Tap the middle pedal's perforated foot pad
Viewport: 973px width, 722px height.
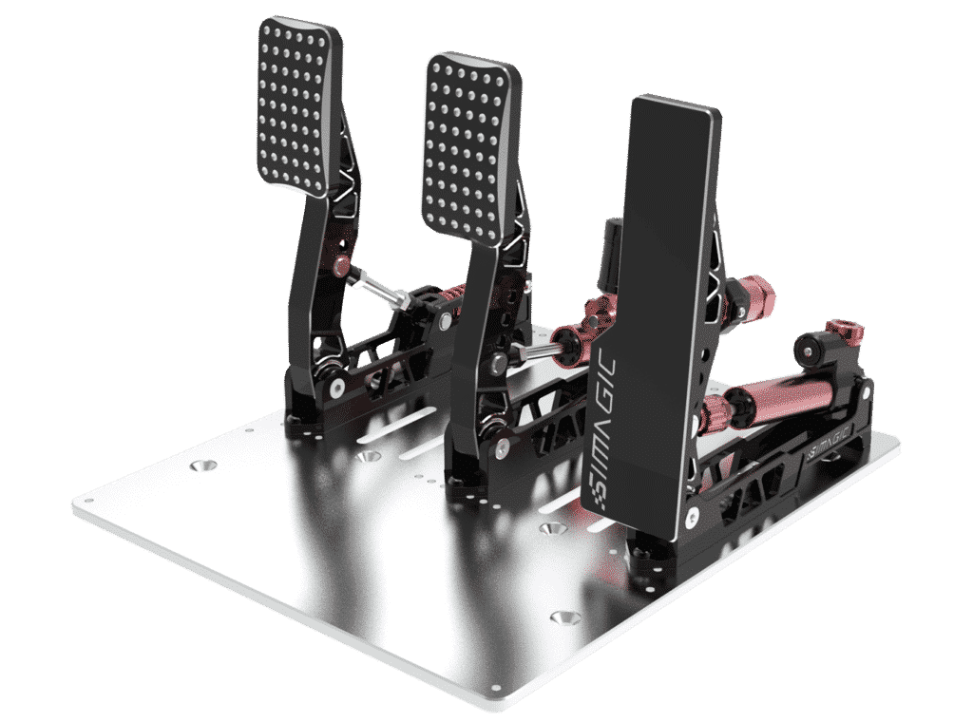(471, 147)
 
